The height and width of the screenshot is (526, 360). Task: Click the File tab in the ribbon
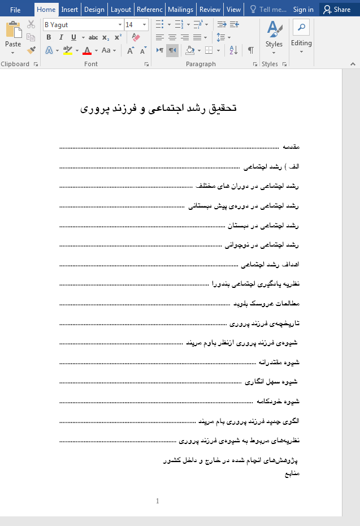pos(15,10)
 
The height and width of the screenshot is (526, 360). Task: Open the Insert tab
pos(70,10)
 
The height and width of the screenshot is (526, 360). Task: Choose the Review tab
pos(210,10)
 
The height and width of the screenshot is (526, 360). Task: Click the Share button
pos(337,10)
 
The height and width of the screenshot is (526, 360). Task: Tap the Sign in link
pos(303,10)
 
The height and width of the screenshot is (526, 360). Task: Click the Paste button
pos(13,35)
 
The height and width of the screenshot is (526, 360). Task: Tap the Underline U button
pos(73,37)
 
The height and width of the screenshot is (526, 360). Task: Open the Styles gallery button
pos(274,35)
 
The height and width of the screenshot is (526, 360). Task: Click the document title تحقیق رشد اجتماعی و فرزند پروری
pos(158,108)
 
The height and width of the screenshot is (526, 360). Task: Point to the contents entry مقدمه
pos(290,147)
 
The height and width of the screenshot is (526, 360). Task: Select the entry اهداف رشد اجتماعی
pos(270,265)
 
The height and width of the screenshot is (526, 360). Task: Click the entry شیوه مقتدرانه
pos(279,363)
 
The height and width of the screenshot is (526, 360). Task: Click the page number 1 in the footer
pos(158,501)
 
